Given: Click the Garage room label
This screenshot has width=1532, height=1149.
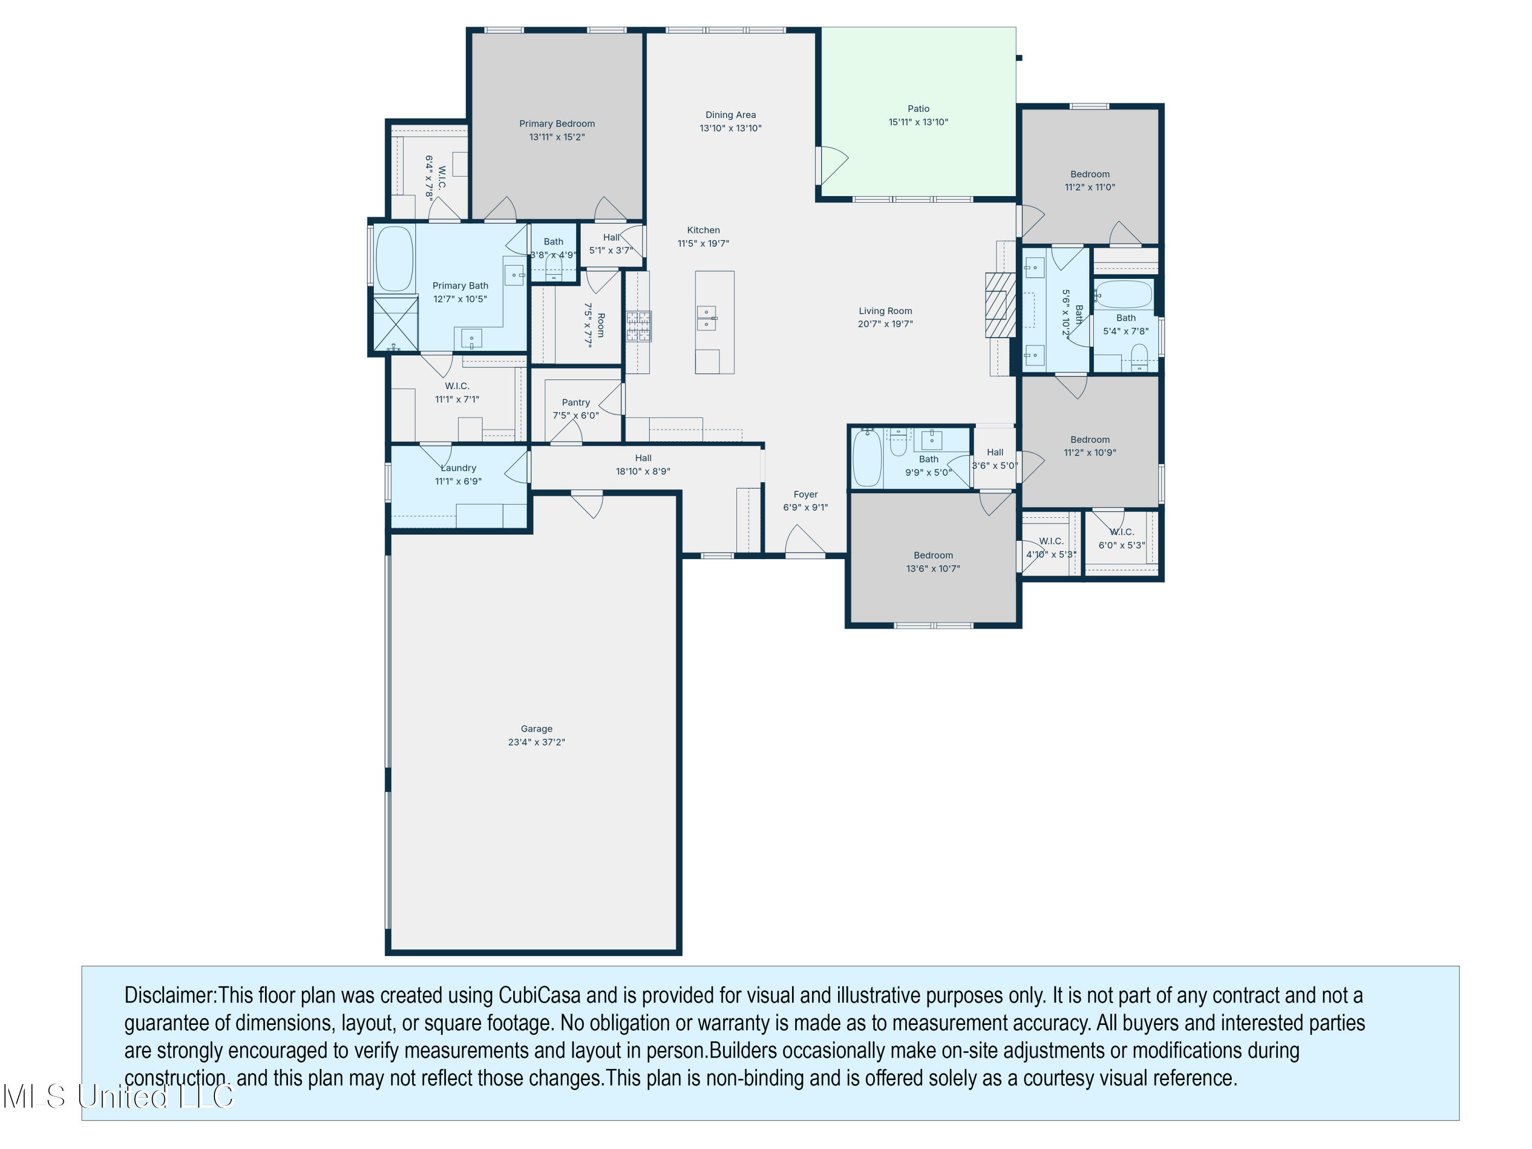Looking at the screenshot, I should (x=536, y=729).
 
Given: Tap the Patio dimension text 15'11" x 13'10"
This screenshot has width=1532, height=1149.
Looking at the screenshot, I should (x=918, y=122).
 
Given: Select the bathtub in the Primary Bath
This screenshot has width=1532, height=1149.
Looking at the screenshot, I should (x=394, y=258).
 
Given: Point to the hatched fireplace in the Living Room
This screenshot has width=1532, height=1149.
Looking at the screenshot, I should (x=999, y=305).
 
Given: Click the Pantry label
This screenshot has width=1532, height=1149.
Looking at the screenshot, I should (x=576, y=402).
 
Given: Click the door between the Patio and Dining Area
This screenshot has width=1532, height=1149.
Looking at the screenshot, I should (x=830, y=165).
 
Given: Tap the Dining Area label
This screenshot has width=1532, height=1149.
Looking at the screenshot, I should (x=730, y=115).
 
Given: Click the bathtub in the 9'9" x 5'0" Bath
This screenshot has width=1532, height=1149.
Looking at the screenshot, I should (x=867, y=458).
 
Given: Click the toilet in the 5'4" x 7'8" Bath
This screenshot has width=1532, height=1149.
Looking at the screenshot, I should (x=1139, y=357).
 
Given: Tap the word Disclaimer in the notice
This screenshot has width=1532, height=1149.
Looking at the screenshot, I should (x=170, y=995).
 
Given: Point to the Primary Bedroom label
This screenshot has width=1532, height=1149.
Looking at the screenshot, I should (x=557, y=124).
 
